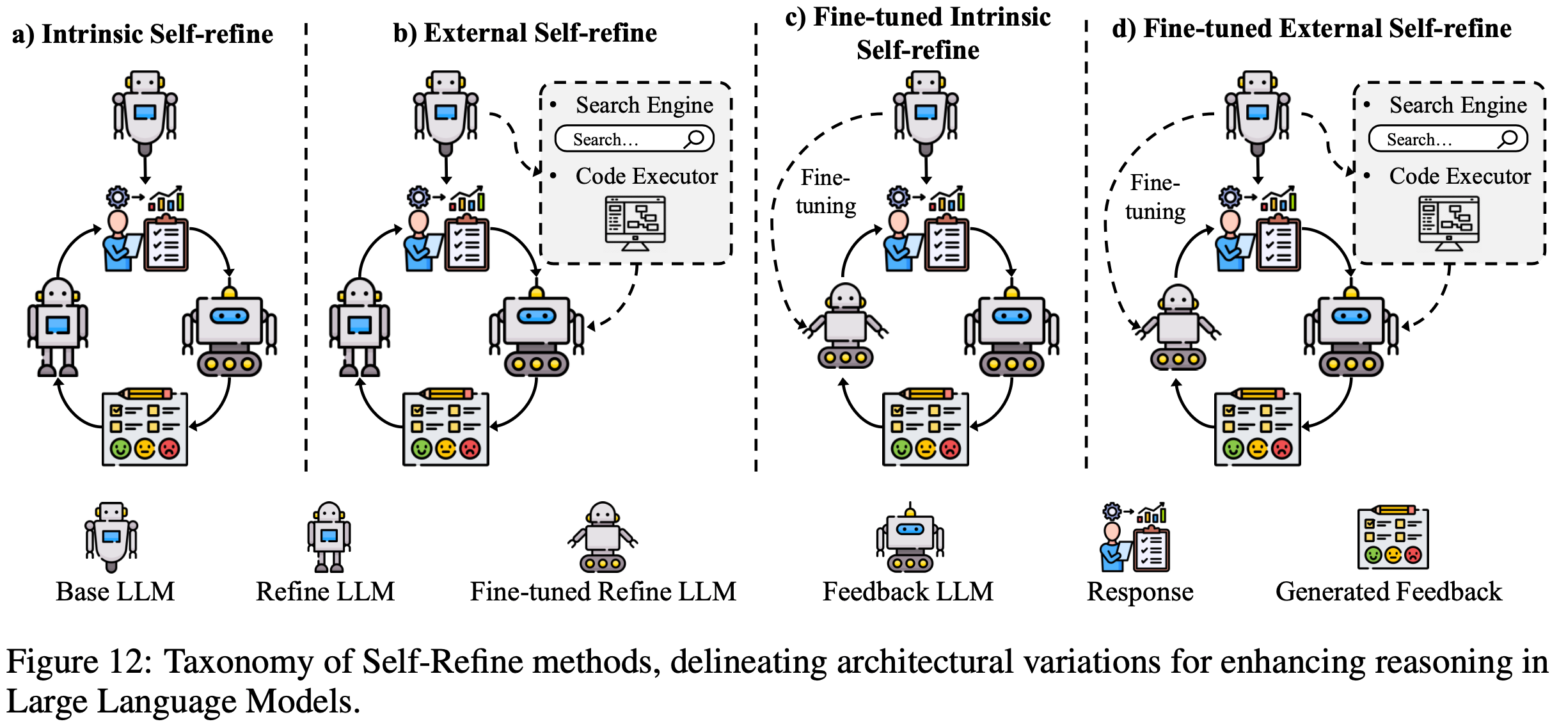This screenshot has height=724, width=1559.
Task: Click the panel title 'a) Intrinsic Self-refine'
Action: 142,34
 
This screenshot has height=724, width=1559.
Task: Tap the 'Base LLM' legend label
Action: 115,591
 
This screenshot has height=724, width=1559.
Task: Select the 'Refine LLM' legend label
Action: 325,591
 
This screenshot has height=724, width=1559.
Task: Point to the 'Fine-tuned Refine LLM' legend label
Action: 603,591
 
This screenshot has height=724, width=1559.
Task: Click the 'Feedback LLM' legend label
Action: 908,591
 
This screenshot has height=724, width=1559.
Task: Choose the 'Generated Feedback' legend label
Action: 1388,591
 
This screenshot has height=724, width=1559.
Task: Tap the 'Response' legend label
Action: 1140,591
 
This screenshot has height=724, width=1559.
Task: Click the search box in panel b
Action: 633,139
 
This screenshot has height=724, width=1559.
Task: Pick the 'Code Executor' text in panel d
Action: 1460,176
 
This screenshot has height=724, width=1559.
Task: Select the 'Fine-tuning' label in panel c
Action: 825,191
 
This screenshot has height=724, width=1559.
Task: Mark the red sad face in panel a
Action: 170,448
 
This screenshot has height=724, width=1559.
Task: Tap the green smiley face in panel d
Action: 1233,448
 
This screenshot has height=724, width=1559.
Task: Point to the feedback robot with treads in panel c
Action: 1011,333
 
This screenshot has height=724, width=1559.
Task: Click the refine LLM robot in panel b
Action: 359,326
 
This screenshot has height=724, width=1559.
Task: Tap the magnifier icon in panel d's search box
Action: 1508,139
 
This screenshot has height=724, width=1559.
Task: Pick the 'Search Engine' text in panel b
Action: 644,105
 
